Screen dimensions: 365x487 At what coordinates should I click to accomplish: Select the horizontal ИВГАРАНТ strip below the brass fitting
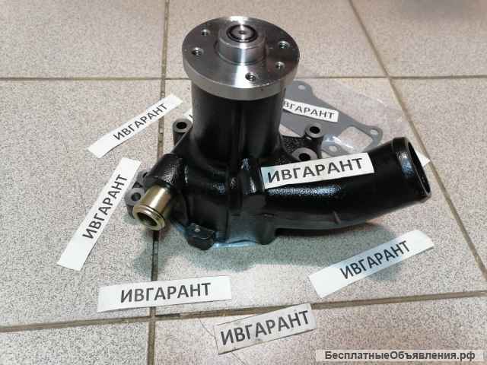point(164,292)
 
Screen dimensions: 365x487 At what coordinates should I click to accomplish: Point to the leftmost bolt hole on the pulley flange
point(198,52)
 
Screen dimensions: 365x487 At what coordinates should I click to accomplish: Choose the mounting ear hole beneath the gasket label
point(312,133)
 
